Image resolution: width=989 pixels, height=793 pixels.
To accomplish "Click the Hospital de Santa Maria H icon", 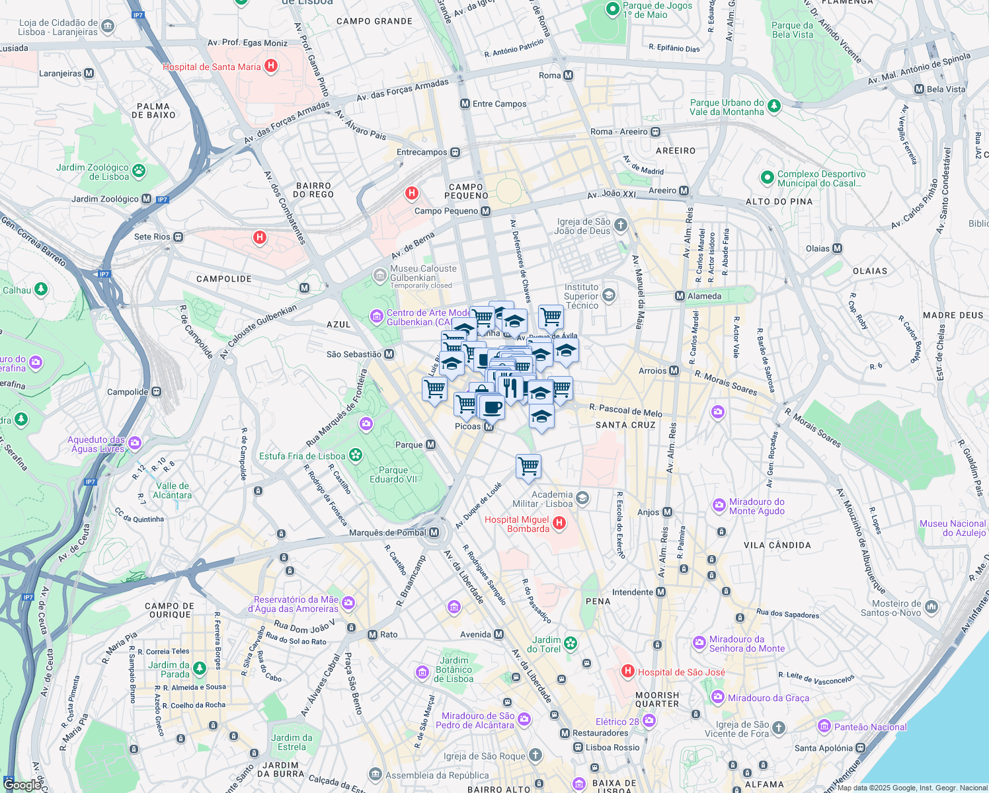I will [270, 66].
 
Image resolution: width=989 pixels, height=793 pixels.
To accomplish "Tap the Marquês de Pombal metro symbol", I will [434, 533].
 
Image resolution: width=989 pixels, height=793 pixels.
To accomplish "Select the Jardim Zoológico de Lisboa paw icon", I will [138, 172].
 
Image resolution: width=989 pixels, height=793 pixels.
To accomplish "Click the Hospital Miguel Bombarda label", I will [517, 525].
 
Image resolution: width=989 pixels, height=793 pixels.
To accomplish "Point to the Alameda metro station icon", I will [680, 296].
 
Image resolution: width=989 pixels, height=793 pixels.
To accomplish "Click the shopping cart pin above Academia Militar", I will [528, 466].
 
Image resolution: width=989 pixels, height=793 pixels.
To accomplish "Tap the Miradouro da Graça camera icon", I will [718, 698].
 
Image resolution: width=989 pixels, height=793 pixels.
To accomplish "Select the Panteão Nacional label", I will [870, 727].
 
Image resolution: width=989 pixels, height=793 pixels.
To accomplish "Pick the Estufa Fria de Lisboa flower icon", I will [356, 455].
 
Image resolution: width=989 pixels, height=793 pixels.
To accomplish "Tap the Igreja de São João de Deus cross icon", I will [620, 225].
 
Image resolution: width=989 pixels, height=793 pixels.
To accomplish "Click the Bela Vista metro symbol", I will [919, 89].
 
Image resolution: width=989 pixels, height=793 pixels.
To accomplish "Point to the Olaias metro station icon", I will [838, 248].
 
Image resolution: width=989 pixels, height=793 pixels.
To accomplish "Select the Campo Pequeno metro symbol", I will [486, 211].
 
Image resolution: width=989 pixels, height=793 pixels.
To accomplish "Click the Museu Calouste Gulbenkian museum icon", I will [379, 275].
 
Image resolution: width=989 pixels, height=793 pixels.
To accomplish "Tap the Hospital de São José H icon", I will [628, 672].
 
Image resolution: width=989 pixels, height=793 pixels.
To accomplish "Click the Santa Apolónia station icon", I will [860, 748].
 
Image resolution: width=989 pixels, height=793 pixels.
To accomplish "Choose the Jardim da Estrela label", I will [292, 742].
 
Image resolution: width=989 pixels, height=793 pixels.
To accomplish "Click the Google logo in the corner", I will [21, 785].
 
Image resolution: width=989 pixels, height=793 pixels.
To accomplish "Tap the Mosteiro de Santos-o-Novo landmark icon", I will [931, 606].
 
